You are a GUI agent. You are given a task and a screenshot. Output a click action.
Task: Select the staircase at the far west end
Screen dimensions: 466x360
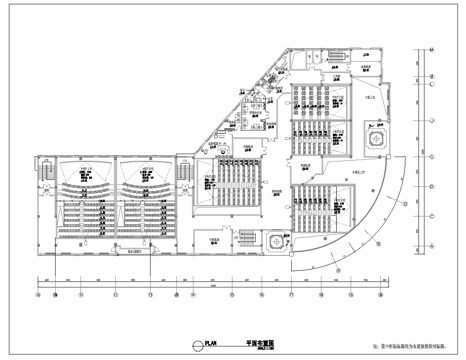44,174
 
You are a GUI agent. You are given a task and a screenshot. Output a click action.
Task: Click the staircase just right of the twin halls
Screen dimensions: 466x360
184,175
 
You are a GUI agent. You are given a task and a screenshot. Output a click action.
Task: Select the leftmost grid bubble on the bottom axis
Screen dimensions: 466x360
38,296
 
